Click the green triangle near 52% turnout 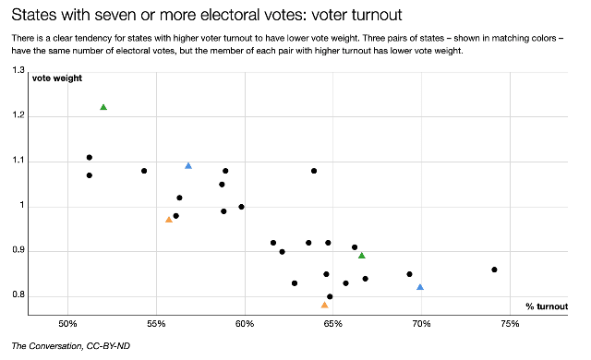coord(103,107)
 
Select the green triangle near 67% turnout coord(362,255)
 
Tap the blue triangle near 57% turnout coord(188,165)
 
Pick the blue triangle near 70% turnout coord(420,287)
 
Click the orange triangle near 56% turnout coord(169,220)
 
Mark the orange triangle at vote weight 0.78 coord(324,305)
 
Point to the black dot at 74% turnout coord(495,270)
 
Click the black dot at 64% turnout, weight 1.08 coord(314,171)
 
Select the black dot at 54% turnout coord(144,171)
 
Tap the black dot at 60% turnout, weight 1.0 coord(241,207)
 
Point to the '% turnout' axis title coord(546,306)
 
